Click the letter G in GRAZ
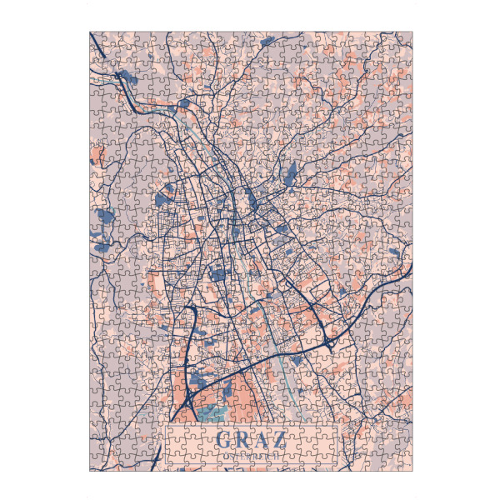tap(222, 439)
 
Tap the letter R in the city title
tap(242, 439)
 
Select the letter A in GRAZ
tap(262, 439)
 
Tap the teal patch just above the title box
tap(212, 412)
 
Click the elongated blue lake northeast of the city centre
tap(290, 174)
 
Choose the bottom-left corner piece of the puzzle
tap(96, 464)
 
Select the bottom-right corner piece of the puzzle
tap(405, 464)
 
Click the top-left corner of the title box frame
tap(166, 427)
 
